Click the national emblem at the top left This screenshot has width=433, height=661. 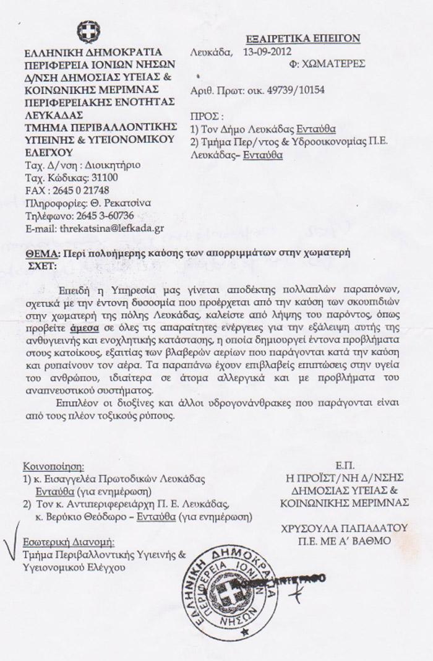point(88,32)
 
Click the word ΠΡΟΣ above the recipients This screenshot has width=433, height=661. point(205,117)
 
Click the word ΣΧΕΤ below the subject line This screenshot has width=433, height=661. point(42,266)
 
